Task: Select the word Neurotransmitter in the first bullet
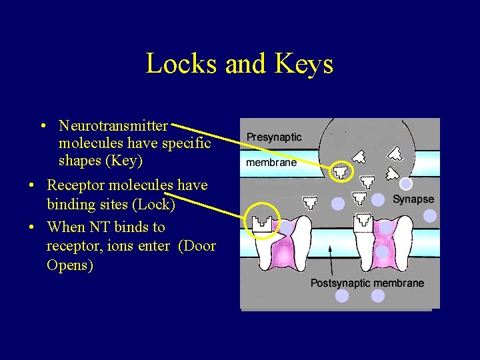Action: [x=113, y=125]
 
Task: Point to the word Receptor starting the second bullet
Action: [x=79, y=185]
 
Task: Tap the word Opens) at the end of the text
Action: [x=70, y=265]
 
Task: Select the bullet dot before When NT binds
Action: [x=31, y=227]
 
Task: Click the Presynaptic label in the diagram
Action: [x=274, y=137]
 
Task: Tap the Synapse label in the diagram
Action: [x=413, y=199]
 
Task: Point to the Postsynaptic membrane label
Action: [x=367, y=283]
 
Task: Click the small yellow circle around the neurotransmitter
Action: [x=342, y=171]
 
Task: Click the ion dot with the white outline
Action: [x=405, y=183]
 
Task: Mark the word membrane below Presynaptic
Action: [x=271, y=162]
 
